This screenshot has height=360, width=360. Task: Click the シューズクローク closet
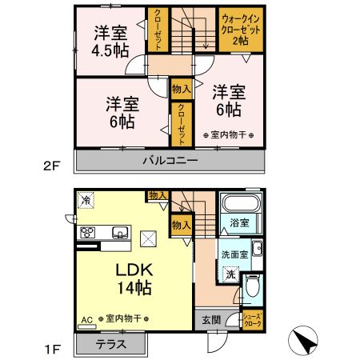[x=253, y=318]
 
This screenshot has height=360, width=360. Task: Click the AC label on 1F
[x=86, y=319]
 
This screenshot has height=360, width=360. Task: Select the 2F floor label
[x=50, y=166]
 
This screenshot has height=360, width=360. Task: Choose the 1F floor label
[x=50, y=349]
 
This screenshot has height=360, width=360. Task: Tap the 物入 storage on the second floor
[x=180, y=90]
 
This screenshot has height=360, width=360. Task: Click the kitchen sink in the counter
[x=119, y=232]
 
